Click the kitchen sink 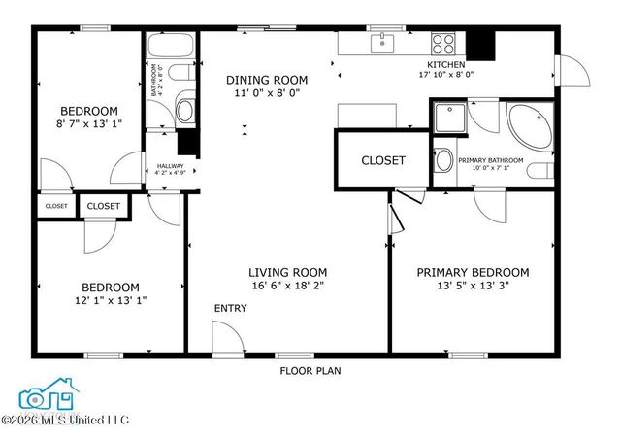tap(384, 42)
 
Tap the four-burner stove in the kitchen tap(443, 44)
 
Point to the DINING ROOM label tap(267, 80)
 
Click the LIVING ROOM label tap(287, 273)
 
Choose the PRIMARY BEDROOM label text tap(473, 273)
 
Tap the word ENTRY tap(231, 309)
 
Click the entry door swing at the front tap(226, 339)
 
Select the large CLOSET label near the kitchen tap(383, 160)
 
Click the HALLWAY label tap(170, 167)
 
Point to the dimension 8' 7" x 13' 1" tap(88, 124)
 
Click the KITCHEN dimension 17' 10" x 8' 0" tap(445, 74)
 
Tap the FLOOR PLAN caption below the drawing tap(310, 370)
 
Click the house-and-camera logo tap(49, 394)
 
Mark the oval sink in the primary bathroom tap(443, 160)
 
